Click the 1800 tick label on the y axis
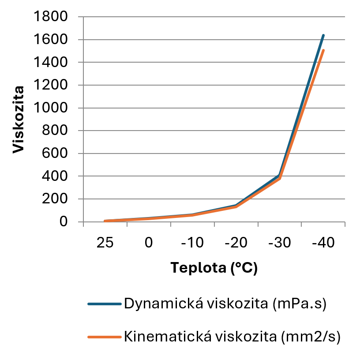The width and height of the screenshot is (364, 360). [52, 17]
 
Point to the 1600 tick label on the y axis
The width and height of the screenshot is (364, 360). [52, 40]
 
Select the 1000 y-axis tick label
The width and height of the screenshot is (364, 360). [52, 108]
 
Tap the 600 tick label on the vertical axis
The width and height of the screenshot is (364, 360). [56, 154]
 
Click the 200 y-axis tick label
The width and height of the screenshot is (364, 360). [56, 199]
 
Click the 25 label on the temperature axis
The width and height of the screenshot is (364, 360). [105, 243]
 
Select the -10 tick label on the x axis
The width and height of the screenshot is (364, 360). [192, 243]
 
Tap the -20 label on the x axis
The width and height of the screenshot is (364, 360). [236, 243]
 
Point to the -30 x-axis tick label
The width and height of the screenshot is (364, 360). [280, 243]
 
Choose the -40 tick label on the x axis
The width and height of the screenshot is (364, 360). [323, 243]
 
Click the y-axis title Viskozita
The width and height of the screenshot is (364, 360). [18, 120]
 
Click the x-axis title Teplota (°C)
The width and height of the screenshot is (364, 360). [214, 268]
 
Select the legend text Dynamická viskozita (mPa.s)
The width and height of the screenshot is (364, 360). [225, 304]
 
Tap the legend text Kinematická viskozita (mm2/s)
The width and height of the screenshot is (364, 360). [233, 337]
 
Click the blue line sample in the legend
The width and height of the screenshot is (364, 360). [104, 304]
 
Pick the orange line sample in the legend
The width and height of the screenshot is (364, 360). [104, 337]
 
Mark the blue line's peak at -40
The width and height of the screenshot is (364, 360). [323, 35]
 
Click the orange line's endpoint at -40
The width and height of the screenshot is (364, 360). [323, 50]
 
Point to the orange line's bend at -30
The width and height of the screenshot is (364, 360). [280, 178]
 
